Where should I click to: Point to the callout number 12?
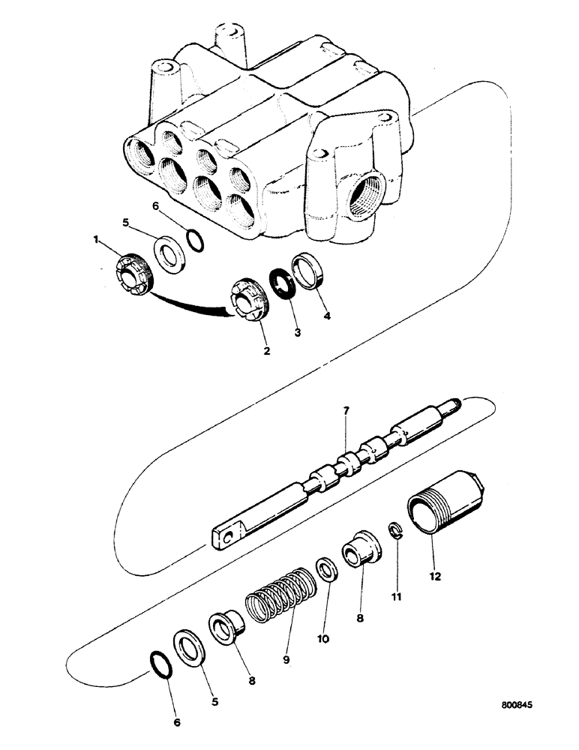coord(435,577)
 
